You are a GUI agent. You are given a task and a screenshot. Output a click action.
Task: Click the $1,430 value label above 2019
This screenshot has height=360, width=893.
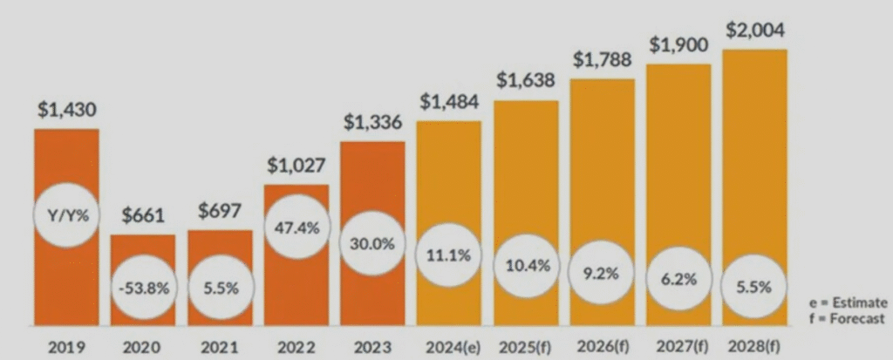[x=66, y=111]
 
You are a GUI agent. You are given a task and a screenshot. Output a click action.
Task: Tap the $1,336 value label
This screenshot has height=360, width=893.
[x=372, y=124]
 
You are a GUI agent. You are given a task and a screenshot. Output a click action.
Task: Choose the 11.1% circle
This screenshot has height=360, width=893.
[x=449, y=258]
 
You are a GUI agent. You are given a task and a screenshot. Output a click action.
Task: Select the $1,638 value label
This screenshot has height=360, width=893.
[x=526, y=81]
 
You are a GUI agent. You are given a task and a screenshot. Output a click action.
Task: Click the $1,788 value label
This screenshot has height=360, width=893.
[x=603, y=60]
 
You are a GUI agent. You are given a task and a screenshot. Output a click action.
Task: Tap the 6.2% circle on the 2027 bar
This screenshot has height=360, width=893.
[x=678, y=281]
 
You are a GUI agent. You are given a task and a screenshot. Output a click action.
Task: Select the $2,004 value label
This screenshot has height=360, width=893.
[x=755, y=31]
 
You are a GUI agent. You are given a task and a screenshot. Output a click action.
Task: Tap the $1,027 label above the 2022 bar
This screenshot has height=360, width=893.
[x=296, y=166]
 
